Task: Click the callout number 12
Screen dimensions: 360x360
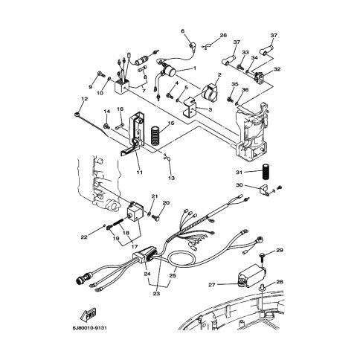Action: click(x=84, y=99)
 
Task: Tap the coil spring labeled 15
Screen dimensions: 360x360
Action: click(x=155, y=136)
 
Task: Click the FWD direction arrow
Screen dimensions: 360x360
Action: click(x=89, y=314)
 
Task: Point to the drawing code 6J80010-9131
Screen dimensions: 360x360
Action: click(x=89, y=328)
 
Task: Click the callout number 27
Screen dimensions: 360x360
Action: click(x=211, y=285)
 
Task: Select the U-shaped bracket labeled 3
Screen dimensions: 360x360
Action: click(x=190, y=107)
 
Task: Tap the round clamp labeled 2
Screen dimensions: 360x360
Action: click(x=210, y=91)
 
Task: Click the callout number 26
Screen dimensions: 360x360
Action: click(x=223, y=36)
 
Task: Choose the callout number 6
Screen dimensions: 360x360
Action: click(x=183, y=31)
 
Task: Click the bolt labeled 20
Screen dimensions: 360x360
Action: click(x=156, y=218)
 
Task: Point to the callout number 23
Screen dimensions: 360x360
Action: click(x=156, y=294)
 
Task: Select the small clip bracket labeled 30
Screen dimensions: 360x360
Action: click(x=264, y=191)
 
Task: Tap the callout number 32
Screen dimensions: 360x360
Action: click(x=277, y=69)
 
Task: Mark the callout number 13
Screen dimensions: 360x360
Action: click(x=171, y=178)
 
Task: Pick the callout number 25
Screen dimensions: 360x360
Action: click(x=173, y=275)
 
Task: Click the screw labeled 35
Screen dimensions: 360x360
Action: click(x=230, y=99)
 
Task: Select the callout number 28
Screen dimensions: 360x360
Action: click(x=280, y=282)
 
